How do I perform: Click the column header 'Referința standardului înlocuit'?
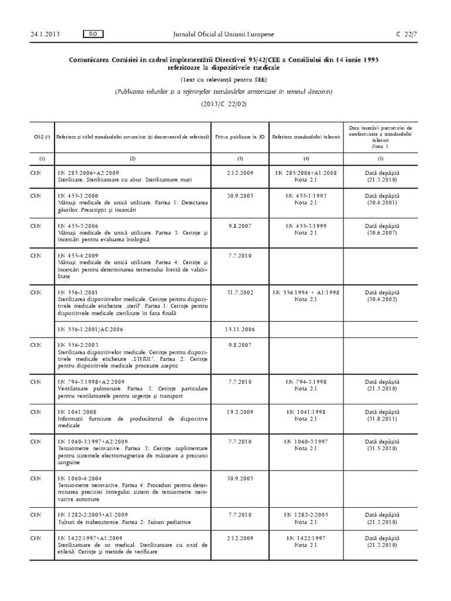301,136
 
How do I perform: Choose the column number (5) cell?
381,159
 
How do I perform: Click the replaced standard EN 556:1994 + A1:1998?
301,292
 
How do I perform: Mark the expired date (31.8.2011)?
381,421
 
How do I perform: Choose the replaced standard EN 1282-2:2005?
301,514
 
